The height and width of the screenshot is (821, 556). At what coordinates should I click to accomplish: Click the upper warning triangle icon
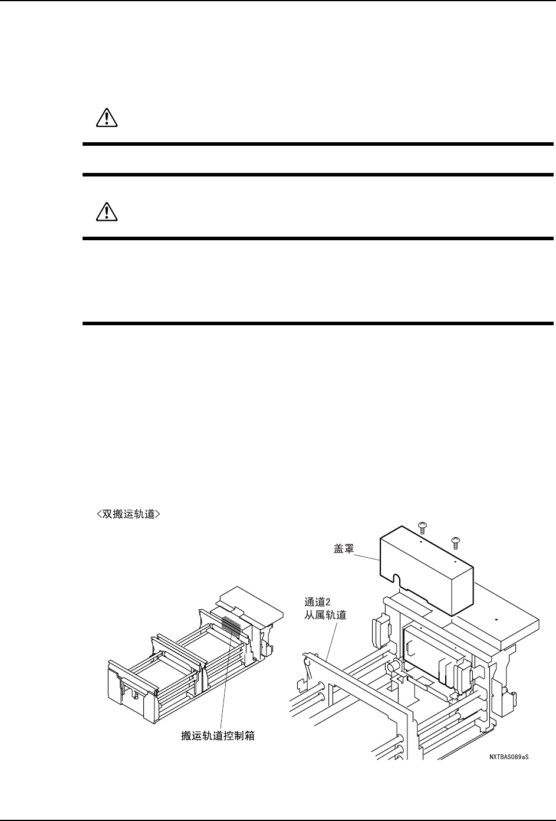(x=107, y=119)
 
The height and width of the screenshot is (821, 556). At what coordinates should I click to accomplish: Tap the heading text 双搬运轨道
(x=129, y=515)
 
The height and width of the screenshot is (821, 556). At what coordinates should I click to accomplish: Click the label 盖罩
(x=340, y=549)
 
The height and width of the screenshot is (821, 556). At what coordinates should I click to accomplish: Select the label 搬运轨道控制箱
(x=218, y=736)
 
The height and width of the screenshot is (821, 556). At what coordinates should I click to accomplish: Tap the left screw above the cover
(x=422, y=526)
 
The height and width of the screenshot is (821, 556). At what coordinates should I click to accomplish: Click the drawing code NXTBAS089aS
(x=508, y=755)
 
